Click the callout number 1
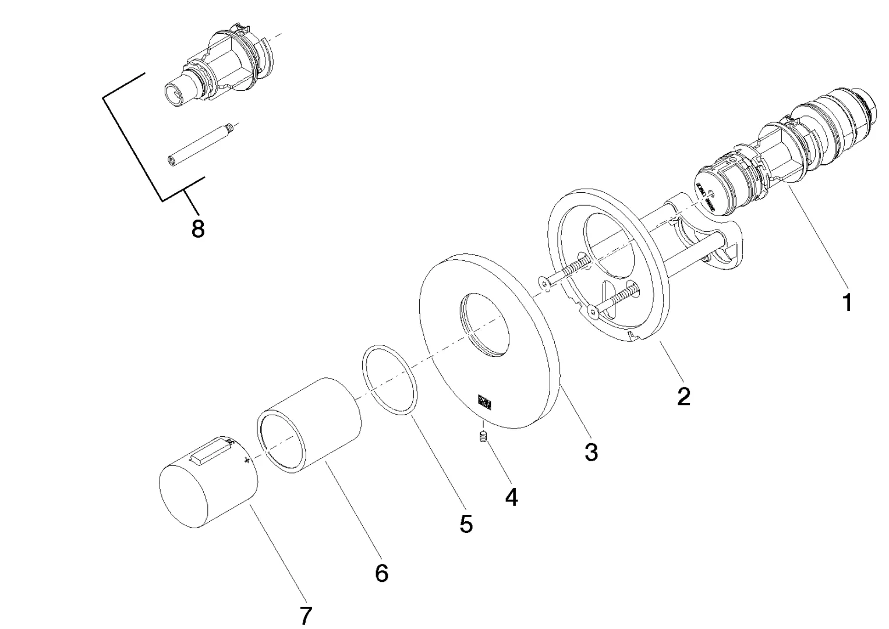[x=847, y=303]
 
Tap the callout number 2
[x=683, y=397]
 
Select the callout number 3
[x=591, y=452]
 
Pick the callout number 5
[x=466, y=524]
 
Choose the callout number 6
[x=381, y=573]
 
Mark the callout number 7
[x=306, y=616]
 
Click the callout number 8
[x=198, y=229]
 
